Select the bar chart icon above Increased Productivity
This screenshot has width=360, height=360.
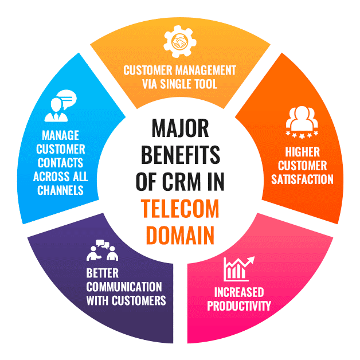(x=238, y=268)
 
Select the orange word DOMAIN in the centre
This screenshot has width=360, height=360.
(x=180, y=235)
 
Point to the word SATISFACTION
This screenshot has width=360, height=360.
(x=302, y=179)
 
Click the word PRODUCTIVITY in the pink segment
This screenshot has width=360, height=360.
(x=238, y=306)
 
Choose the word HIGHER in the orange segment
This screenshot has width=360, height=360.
(x=302, y=152)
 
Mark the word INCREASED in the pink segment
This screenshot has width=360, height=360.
(x=238, y=292)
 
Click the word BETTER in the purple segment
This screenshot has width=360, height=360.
(x=103, y=273)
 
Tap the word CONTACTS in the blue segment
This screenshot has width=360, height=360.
(x=61, y=163)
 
